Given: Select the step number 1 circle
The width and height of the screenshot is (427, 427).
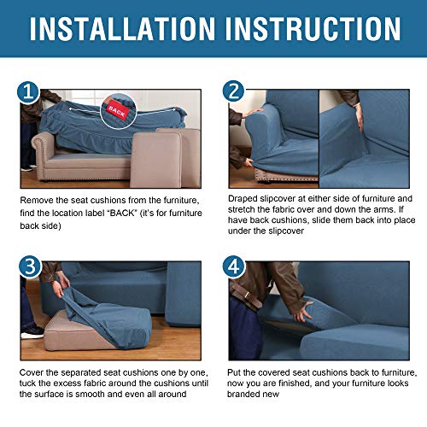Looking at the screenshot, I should (x=29, y=92).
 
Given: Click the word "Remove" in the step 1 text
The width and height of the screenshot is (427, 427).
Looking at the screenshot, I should (x=39, y=200).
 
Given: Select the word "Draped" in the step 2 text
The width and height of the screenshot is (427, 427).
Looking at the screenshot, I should (x=244, y=199).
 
